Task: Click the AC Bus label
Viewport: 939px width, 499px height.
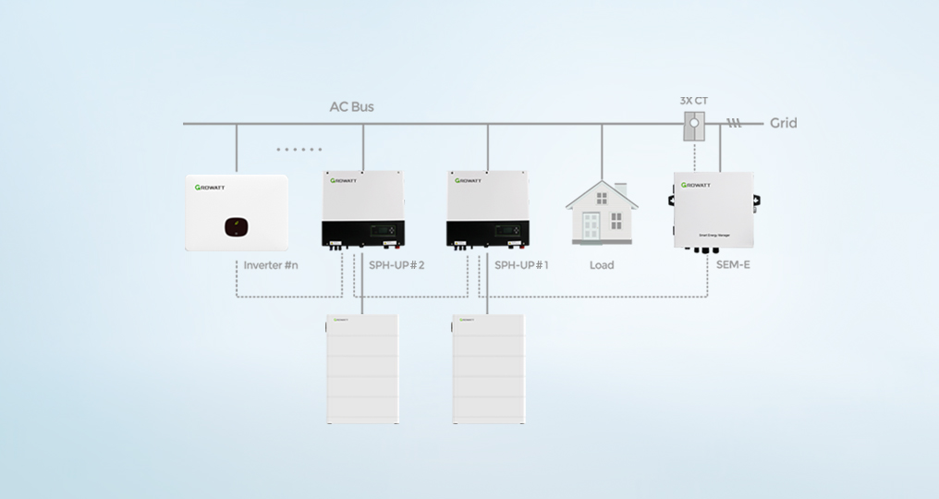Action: (x=351, y=106)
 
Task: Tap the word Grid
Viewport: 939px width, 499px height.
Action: (x=783, y=123)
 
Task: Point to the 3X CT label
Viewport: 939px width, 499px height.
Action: (x=693, y=99)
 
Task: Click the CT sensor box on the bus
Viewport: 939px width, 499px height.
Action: (x=694, y=126)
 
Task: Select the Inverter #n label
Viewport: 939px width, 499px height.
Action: (x=271, y=265)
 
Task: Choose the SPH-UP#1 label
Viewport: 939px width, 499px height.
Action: (x=521, y=265)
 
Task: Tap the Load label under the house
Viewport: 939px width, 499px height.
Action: (x=602, y=265)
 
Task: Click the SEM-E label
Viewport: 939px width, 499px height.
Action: (x=732, y=265)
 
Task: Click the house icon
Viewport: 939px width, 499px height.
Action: (x=602, y=212)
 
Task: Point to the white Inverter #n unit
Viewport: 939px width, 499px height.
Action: (x=237, y=213)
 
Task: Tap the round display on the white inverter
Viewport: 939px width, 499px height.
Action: (x=237, y=225)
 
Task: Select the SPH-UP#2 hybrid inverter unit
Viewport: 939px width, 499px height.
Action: (x=363, y=210)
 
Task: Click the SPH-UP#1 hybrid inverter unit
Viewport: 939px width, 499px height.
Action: (x=488, y=210)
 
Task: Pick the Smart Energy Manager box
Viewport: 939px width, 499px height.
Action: (x=713, y=212)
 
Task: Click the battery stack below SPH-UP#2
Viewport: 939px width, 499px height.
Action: (x=361, y=369)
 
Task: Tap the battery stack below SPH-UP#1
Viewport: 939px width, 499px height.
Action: (x=487, y=369)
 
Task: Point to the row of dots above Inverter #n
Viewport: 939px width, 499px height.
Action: (x=299, y=149)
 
